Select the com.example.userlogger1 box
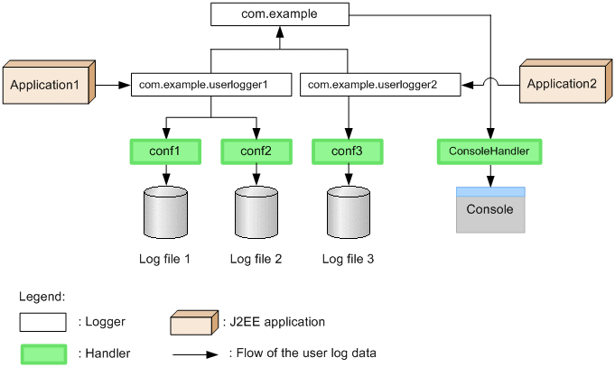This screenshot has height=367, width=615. [211, 85]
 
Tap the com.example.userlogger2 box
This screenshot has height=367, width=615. [379, 85]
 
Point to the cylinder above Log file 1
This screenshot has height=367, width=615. [165, 213]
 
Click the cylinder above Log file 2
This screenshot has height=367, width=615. [256, 213]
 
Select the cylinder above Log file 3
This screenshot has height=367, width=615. [348, 213]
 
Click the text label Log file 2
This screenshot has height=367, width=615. [256, 260]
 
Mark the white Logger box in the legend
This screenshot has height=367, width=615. [42, 322]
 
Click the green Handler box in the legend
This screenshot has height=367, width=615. [42, 353]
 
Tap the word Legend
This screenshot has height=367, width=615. [42, 296]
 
